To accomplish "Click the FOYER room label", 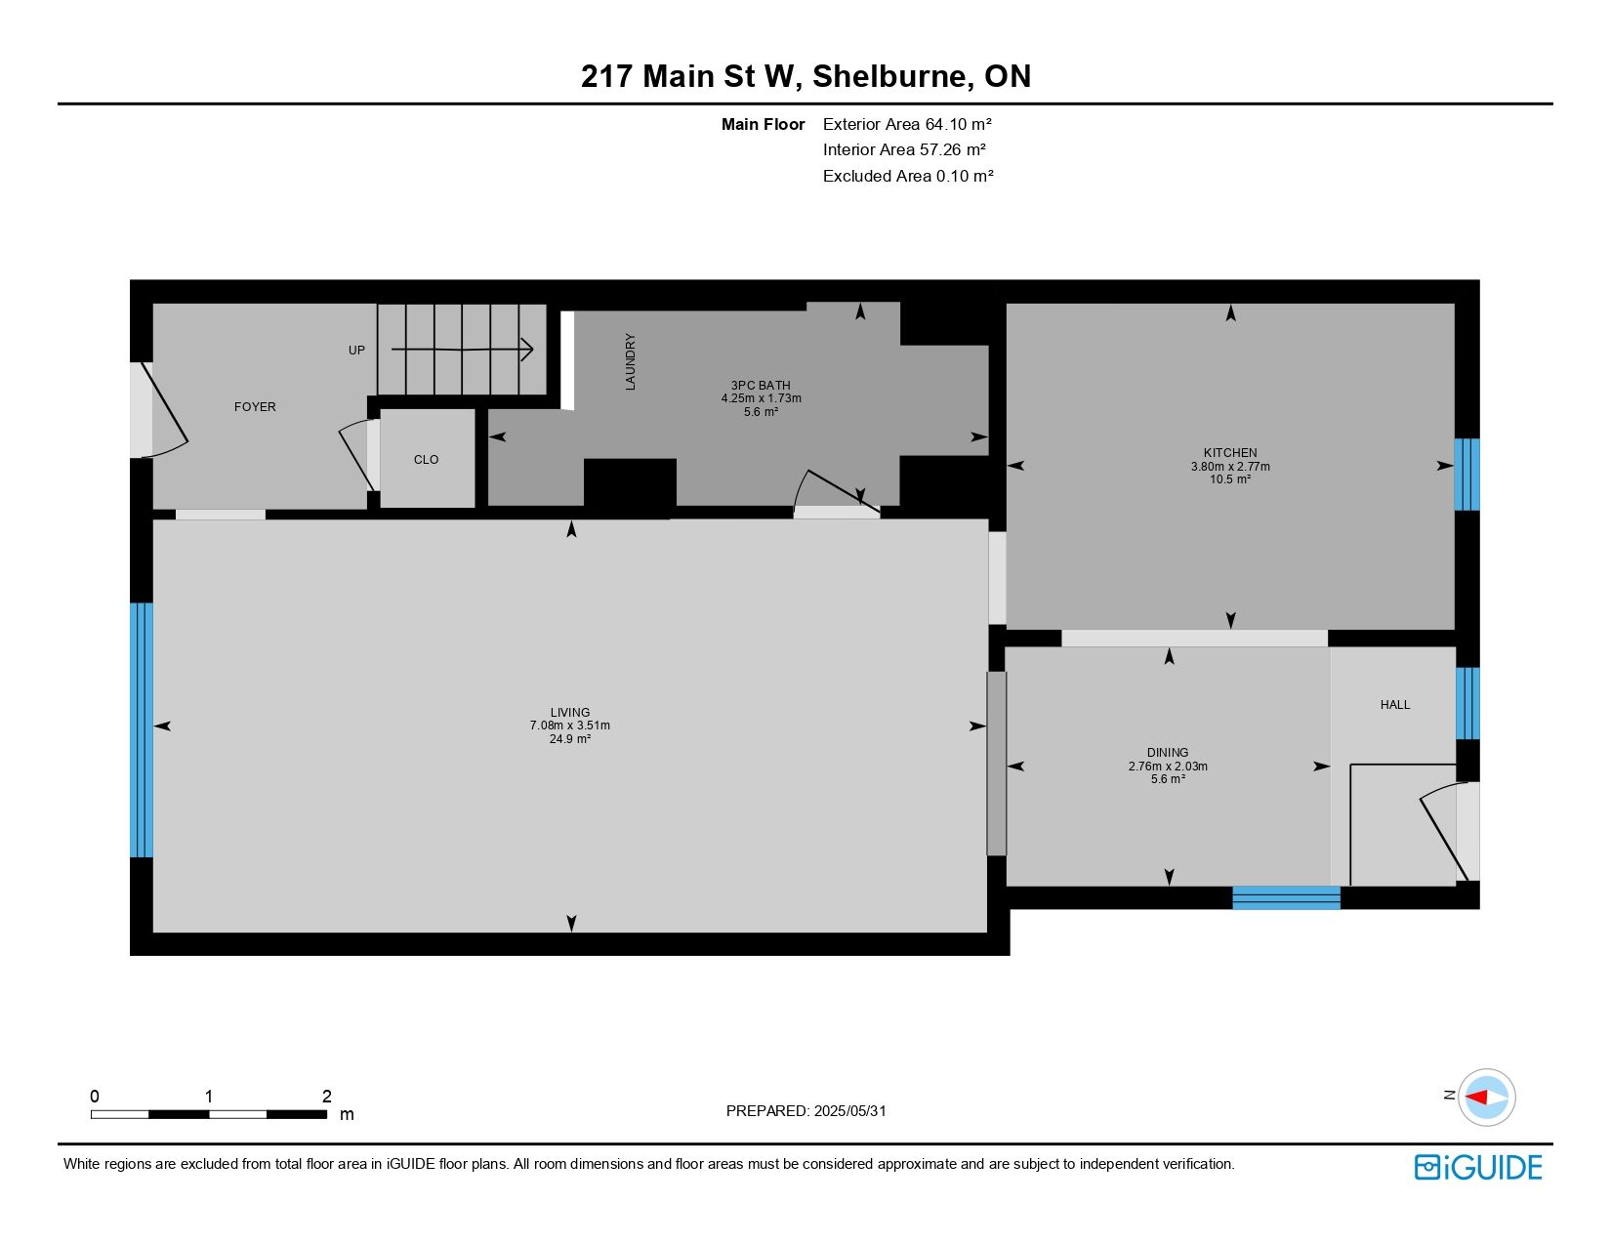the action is click(x=254, y=406).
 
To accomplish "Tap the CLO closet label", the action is click(x=426, y=459).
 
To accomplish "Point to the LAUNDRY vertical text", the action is click(x=630, y=361).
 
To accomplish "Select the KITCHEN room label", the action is click(x=1230, y=452).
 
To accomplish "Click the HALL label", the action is click(x=1394, y=704).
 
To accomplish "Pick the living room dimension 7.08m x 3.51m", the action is click(x=569, y=726).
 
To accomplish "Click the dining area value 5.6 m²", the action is click(x=1168, y=778).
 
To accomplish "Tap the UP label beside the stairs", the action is click(x=356, y=350).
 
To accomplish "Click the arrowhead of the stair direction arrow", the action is click(x=528, y=350).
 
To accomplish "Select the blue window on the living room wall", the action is click(x=142, y=729).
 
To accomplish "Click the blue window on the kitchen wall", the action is click(x=1466, y=475).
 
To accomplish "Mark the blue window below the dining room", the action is click(x=1286, y=897).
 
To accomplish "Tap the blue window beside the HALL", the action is click(x=1467, y=704).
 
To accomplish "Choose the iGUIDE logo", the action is click(x=1477, y=1167).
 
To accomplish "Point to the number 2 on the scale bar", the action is click(x=327, y=1096).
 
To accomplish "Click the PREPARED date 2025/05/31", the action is click(x=849, y=1111).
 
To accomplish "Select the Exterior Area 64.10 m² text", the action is click(x=907, y=124).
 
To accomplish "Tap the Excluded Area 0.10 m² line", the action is click(x=907, y=176).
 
